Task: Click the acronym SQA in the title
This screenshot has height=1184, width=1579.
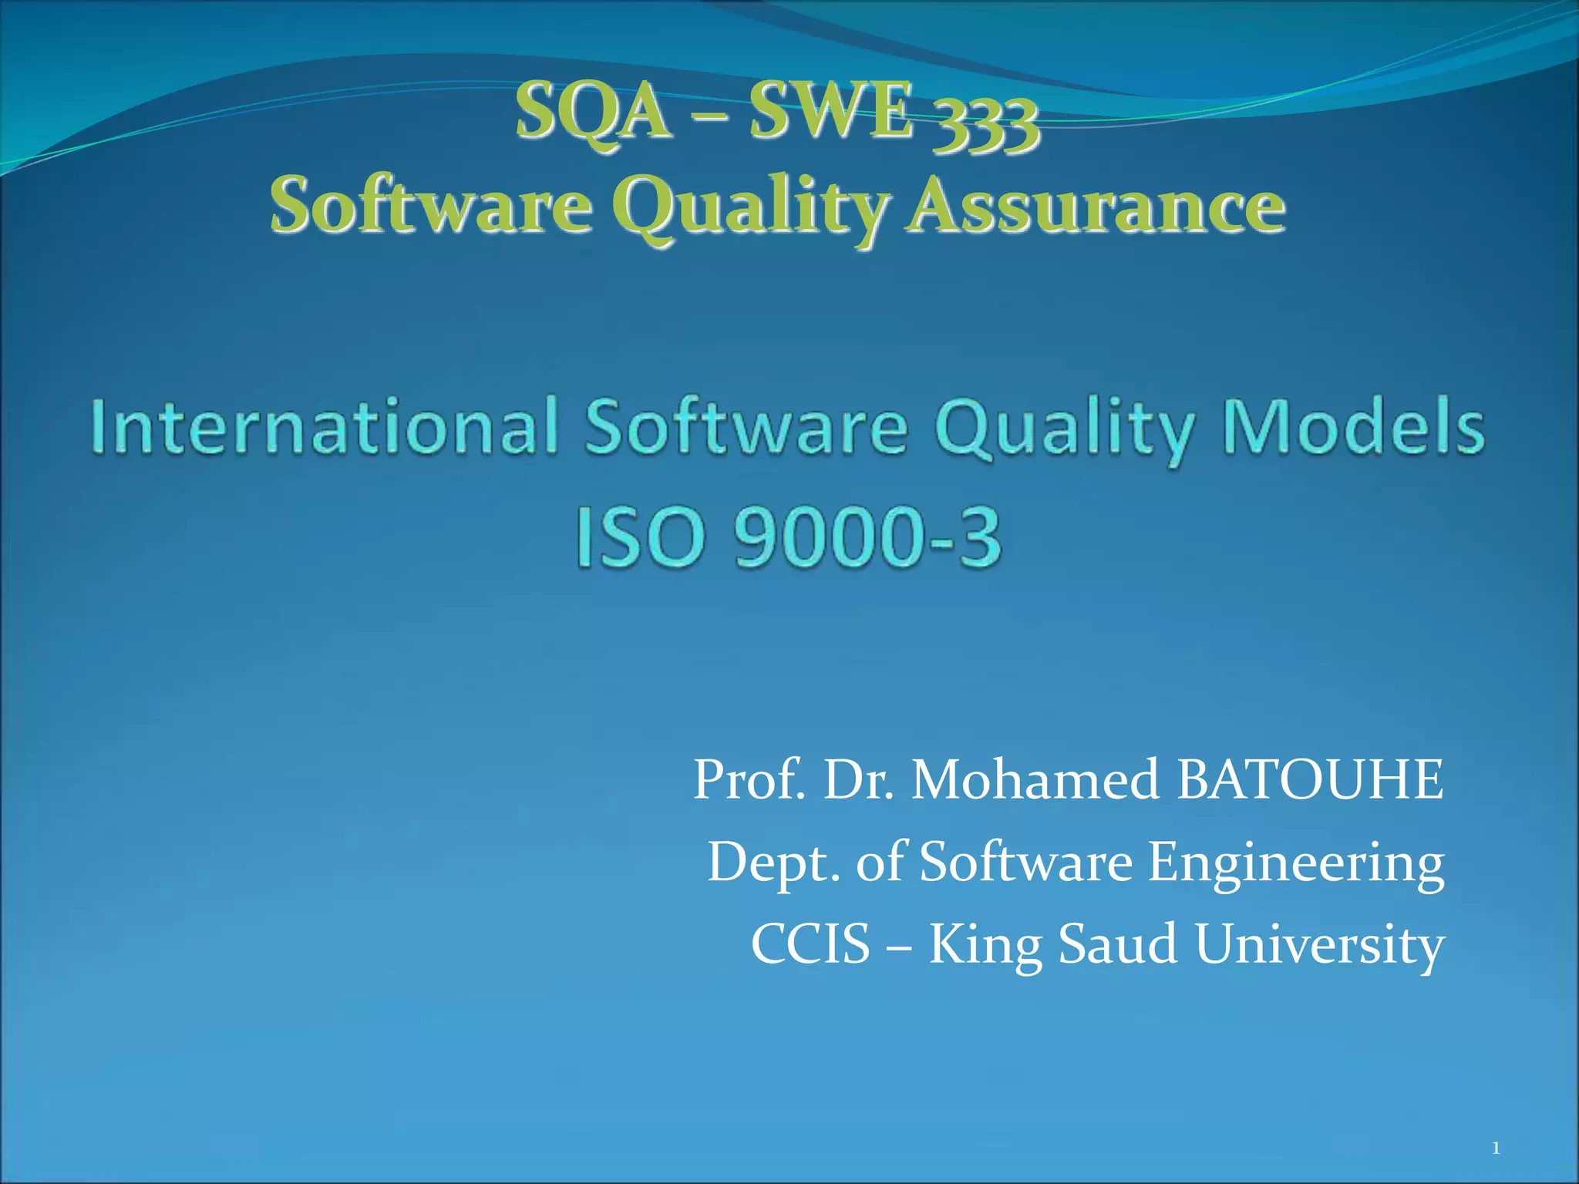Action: coord(593,113)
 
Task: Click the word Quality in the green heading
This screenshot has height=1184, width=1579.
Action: coord(749,207)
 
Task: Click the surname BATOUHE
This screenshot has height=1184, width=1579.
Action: coord(1310,779)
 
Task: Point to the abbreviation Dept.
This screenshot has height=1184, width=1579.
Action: coord(774,863)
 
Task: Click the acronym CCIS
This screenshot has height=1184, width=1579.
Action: coord(810,944)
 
